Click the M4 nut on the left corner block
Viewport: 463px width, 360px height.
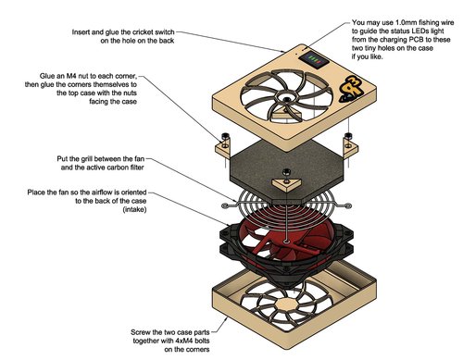(224, 138)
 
